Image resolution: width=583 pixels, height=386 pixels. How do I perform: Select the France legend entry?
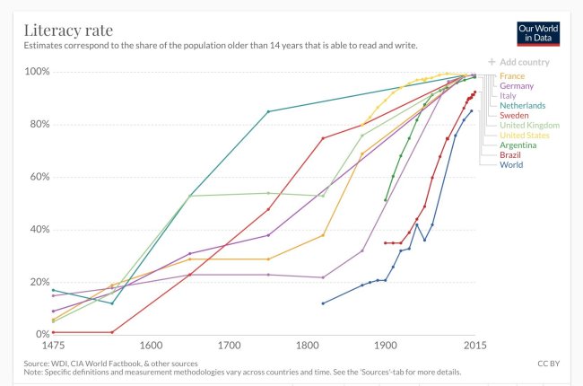(x=513, y=76)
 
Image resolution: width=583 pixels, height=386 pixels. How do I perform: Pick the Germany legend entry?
(x=517, y=86)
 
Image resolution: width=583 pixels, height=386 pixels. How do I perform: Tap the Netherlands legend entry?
(x=523, y=106)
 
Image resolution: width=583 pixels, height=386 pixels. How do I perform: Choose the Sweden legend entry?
(x=515, y=116)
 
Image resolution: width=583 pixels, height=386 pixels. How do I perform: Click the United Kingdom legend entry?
(x=528, y=126)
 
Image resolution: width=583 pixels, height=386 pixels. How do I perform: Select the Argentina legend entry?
(x=518, y=145)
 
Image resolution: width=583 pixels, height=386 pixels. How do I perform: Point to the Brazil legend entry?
(x=511, y=154)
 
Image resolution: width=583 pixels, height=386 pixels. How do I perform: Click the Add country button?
(x=518, y=63)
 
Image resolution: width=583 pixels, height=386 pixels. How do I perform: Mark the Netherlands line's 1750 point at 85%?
(x=268, y=111)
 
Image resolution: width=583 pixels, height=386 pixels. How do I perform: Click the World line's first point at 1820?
(x=323, y=303)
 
